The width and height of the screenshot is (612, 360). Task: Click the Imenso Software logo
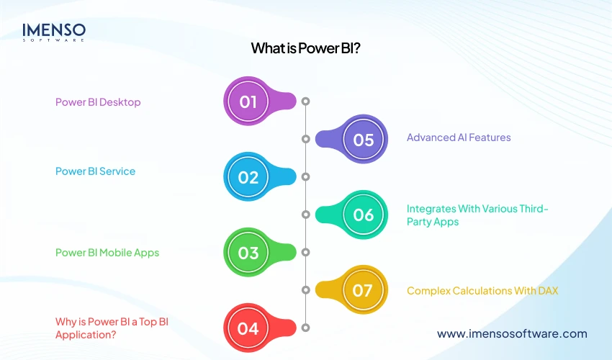click(x=54, y=32)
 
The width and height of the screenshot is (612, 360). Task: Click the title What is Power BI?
click(x=305, y=48)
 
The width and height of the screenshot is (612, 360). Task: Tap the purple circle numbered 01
click(x=248, y=102)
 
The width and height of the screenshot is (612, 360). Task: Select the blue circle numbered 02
click(x=248, y=176)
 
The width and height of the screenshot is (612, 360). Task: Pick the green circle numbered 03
click(x=248, y=253)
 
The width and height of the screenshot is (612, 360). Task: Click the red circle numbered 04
click(x=248, y=328)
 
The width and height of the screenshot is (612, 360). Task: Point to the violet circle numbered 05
click(x=364, y=139)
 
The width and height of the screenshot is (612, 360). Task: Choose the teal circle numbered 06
click(x=364, y=215)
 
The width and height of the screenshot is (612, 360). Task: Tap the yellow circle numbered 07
click(x=364, y=290)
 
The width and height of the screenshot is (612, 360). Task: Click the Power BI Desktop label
click(x=98, y=102)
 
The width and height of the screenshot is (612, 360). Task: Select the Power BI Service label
click(x=95, y=171)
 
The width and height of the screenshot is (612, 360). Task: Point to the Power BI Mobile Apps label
click(x=107, y=253)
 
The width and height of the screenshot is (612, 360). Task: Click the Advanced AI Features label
click(x=459, y=138)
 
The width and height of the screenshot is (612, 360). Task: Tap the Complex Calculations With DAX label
click(x=482, y=291)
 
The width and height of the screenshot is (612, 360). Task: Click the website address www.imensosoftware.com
click(x=512, y=333)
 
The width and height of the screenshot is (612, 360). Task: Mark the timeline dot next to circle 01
click(x=306, y=102)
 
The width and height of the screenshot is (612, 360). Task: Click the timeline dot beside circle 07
click(x=306, y=290)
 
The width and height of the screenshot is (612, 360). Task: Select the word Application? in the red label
click(x=86, y=335)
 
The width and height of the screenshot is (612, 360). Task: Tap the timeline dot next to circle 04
click(x=306, y=328)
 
